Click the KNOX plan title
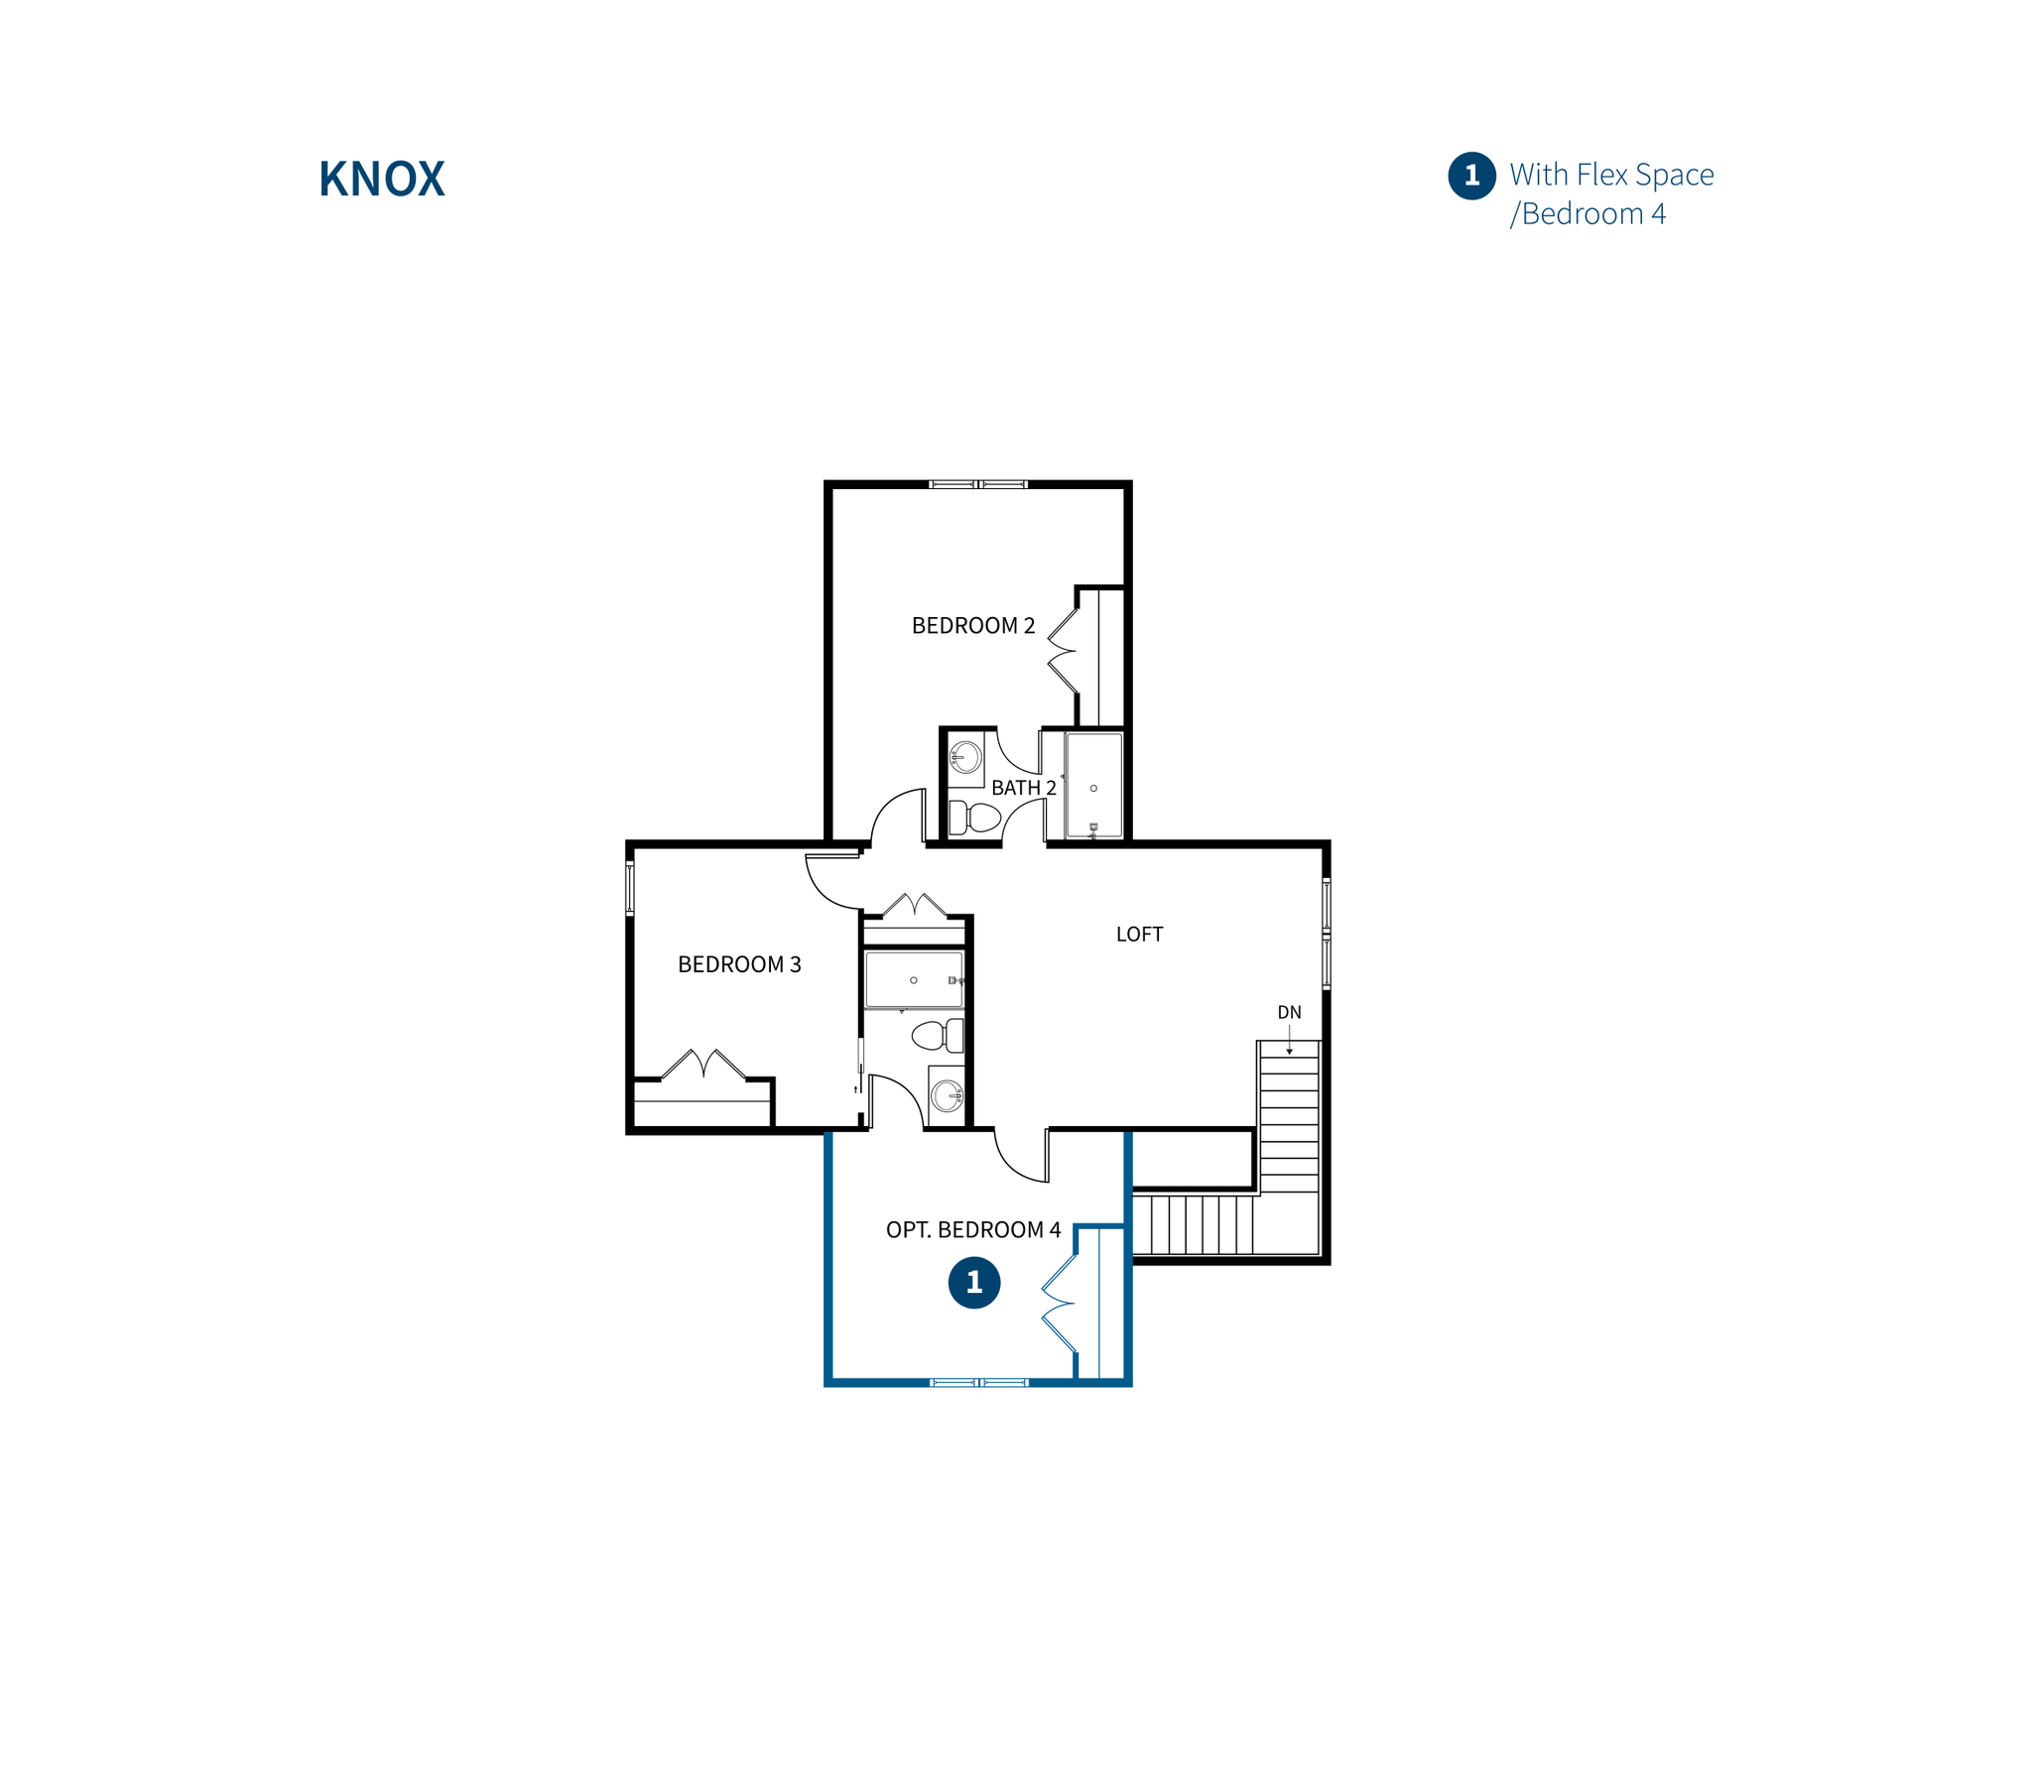pos(381,180)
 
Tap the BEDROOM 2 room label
pos(972,626)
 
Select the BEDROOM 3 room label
pos(738,964)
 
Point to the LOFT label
pos(1138,935)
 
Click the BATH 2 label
pos(1023,788)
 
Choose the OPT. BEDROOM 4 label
pos(972,1230)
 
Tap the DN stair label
pos(1288,1013)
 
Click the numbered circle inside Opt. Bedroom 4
pos(973,1283)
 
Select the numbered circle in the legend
pos(1471,177)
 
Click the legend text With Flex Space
pos(1611,175)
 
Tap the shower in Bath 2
pos(1093,786)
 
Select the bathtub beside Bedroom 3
pos(913,980)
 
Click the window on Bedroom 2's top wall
pos(977,484)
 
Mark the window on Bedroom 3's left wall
pos(629,888)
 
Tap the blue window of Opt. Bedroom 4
pos(978,1382)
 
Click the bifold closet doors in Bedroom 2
pos(1063,651)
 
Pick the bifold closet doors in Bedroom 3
pos(703,1064)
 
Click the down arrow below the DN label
pos(1289,1043)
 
